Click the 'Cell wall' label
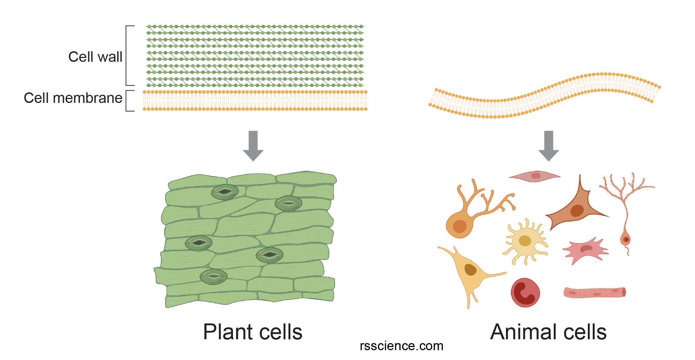(95, 57)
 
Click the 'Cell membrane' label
(73, 98)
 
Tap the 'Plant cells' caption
(253, 332)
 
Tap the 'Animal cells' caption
(548, 332)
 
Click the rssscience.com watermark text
(401, 346)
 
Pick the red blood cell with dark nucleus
(525, 293)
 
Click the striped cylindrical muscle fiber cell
(595, 293)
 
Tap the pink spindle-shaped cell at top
(534, 176)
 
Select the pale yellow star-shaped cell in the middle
(525, 241)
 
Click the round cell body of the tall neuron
(625, 240)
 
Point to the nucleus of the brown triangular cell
(577, 211)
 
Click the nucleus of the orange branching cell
(460, 227)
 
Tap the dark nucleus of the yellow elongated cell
(470, 270)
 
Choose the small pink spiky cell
(585, 249)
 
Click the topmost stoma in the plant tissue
(225, 192)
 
